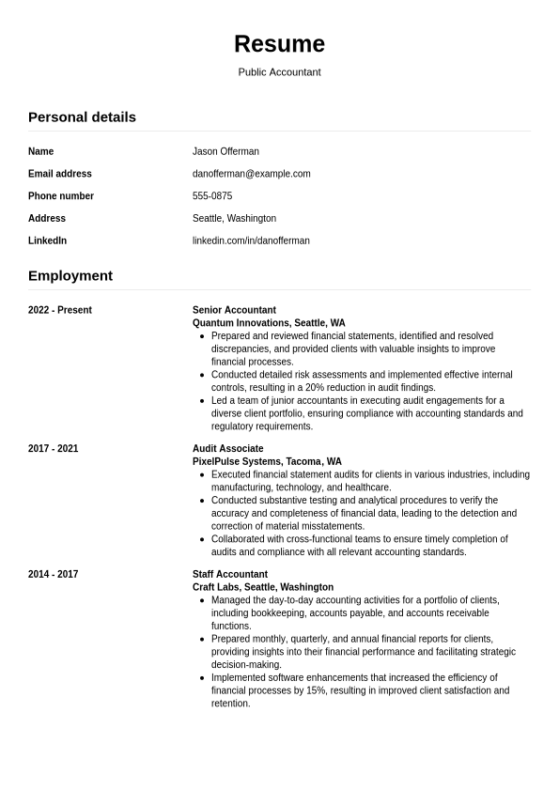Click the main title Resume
click(279, 44)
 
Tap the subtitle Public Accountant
click(279, 72)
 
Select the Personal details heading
click(82, 117)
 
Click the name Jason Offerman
click(225, 151)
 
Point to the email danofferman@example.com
click(251, 174)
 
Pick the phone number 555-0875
click(212, 196)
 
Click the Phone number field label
click(61, 196)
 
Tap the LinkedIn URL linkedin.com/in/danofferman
click(251, 240)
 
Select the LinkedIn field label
click(47, 240)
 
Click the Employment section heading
click(70, 276)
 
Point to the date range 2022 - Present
click(60, 310)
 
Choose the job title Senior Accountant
click(234, 310)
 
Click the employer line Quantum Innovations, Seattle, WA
click(269, 323)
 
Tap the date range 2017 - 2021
click(54, 449)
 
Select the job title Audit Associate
click(228, 449)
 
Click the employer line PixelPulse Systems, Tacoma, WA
click(267, 462)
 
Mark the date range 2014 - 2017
click(54, 575)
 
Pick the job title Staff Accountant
click(230, 575)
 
